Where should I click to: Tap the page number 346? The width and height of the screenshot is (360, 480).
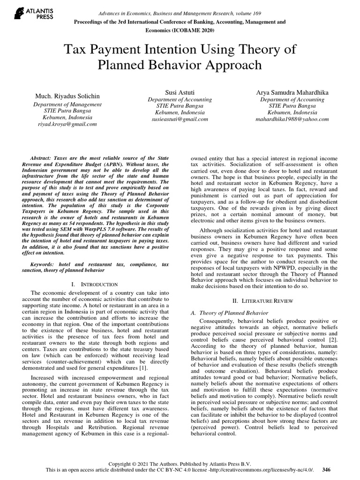326,469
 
